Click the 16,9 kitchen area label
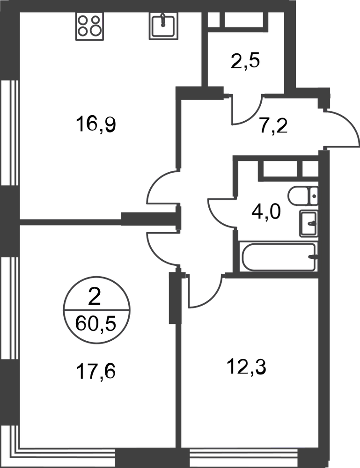click(x=96, y=124)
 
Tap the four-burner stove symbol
click(x=89, y=26)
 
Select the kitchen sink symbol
click(x=162, y=26)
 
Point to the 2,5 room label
click(x=245, y=61)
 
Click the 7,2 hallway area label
click(x=273, y=127)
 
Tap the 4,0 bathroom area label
click(x=266, y=212)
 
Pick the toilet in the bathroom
click(x=303, y=196)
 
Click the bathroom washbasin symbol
click(x=309, y=223)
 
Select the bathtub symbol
click(x=279, y=257)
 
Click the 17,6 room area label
click(x=96, y=372)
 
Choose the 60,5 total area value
click(x=96, y=324)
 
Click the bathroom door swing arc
click(x=221, y=213)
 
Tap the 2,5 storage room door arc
click(x=248, y=110)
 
